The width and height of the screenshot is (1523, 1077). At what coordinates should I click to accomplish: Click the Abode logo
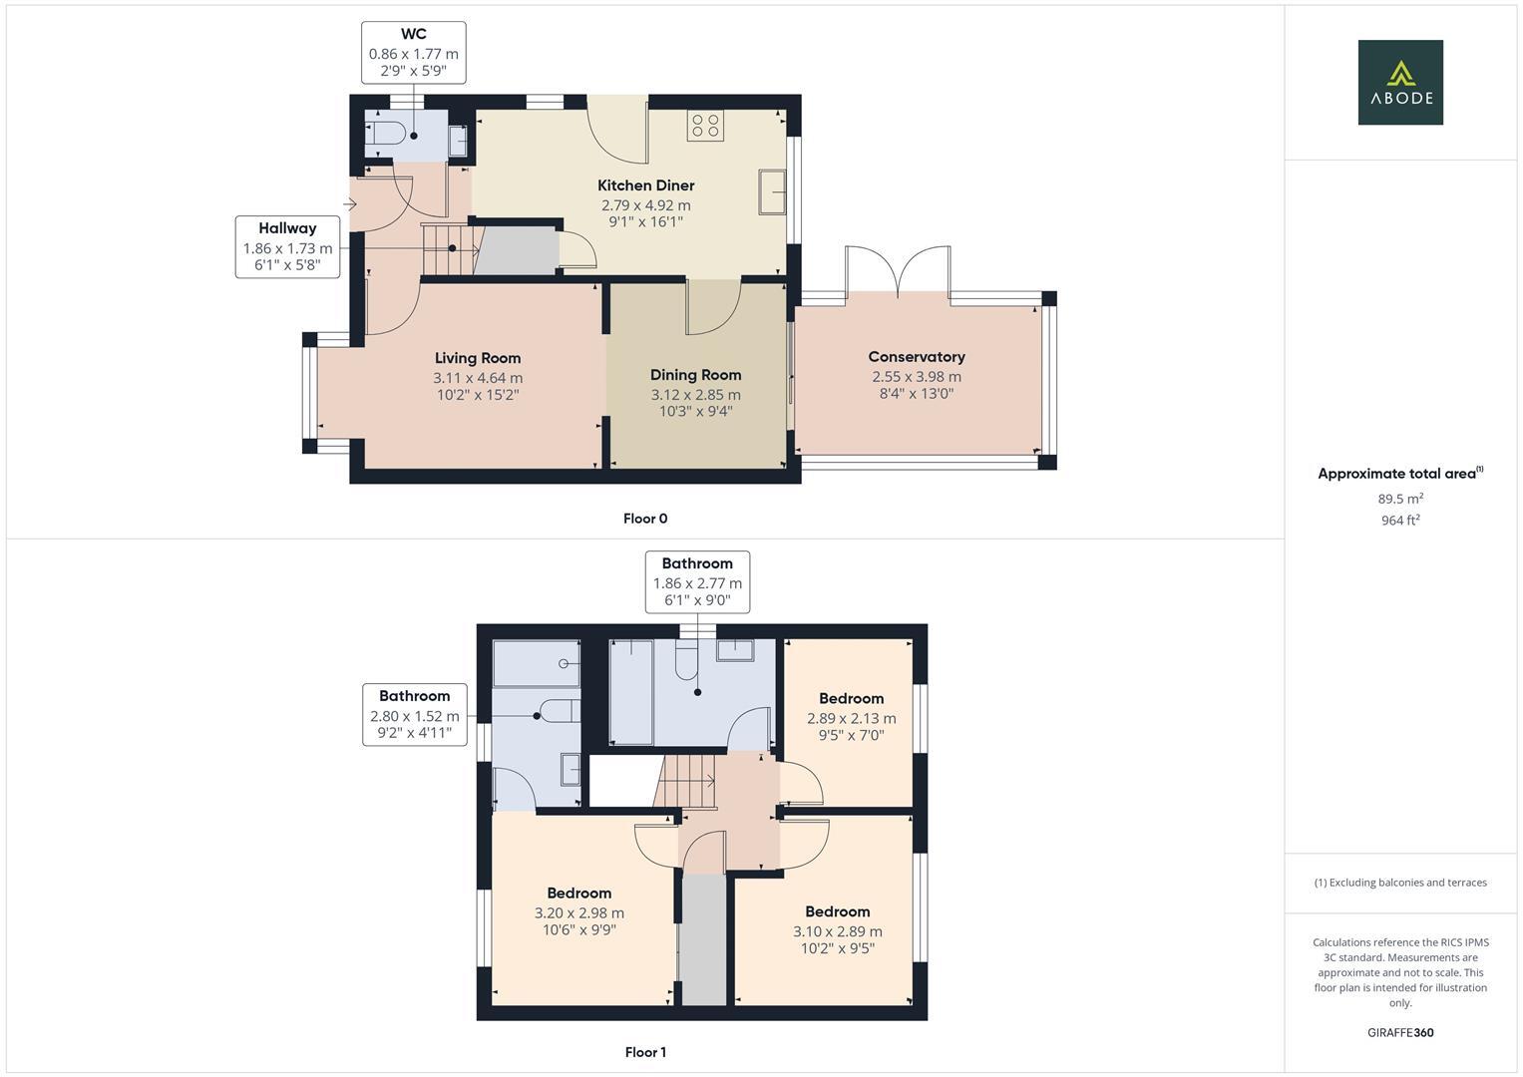click(1399, 83)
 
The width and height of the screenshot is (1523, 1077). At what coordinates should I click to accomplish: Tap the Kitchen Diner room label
click(645, 185)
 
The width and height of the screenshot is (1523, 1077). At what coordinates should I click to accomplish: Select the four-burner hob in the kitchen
click(705, 126)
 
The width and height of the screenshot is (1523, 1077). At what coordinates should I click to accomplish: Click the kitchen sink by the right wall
click(772, 191)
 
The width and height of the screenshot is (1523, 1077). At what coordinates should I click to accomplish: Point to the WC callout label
click(413, 52)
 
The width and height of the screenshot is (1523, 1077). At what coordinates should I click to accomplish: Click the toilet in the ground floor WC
click(385, 136)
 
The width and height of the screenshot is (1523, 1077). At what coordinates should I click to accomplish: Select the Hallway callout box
click(287, 246)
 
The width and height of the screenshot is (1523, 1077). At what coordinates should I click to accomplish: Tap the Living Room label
click(478, 358)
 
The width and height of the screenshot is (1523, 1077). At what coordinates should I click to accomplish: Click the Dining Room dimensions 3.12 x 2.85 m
click(695, 395)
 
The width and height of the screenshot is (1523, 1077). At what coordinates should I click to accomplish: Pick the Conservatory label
click(916, 357)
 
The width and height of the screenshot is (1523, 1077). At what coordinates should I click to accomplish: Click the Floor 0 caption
click(644, 519)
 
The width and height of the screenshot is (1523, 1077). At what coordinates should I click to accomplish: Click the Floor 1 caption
click(644, 1052)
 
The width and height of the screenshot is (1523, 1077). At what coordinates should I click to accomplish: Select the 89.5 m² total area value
click(1399, 499)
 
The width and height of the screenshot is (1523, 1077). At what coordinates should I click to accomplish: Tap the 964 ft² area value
click(1399, 520)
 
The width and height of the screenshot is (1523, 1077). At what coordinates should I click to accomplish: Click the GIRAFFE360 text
click(1399, 1033)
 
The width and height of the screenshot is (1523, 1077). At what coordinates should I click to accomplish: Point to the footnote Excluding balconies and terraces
click(1399, 883)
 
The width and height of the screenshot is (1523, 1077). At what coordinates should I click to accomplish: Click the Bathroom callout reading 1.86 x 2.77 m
click(697, 581)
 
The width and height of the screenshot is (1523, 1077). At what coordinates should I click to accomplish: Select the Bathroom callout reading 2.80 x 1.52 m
click(414, 714)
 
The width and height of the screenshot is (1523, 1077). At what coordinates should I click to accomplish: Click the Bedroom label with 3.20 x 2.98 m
click(578, 894)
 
